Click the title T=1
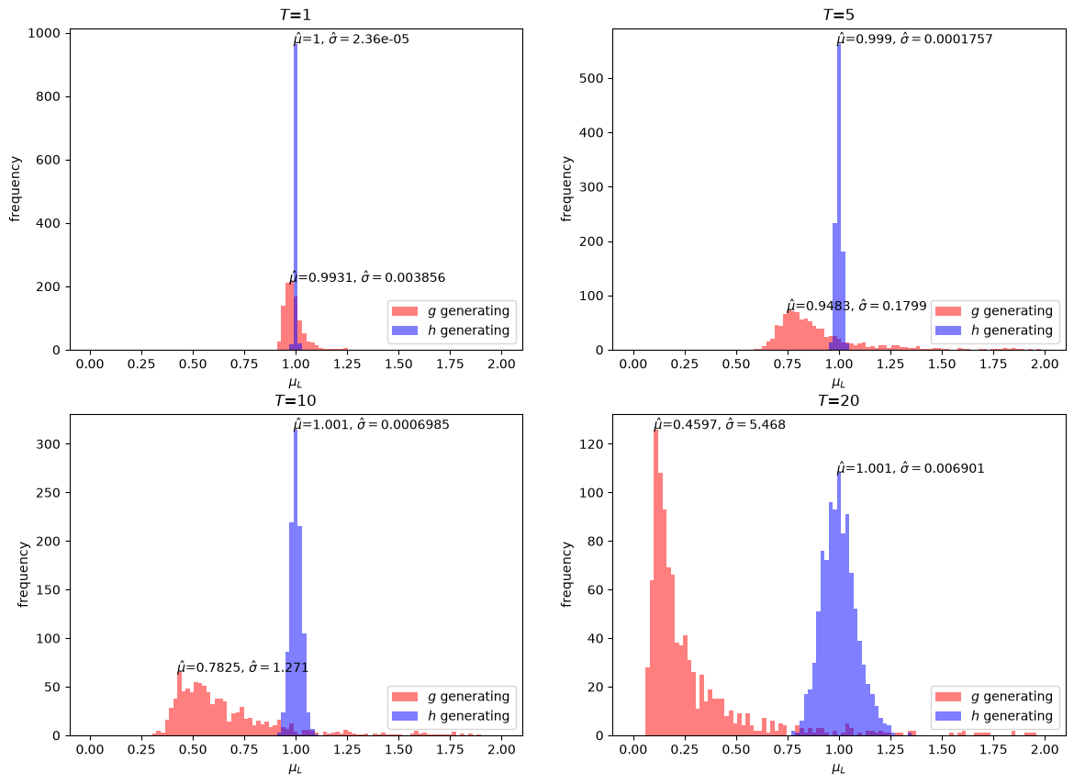tap(296, 15)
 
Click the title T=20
tap(838, 400)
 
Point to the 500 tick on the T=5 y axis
tap(592, 78)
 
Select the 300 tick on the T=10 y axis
tap(49, 443)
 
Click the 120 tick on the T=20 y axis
tap(592, 443)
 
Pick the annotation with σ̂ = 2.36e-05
tap(352, 39)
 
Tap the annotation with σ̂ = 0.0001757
tap(914, 39)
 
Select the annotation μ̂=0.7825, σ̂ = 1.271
tap(242, 666)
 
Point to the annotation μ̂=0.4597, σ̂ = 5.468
tap(719, 424)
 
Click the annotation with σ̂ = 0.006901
tap(911, 468)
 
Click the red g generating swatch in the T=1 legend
tap(405, 311)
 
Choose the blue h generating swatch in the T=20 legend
tap(948, 716)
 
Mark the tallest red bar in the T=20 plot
tap(655, 583)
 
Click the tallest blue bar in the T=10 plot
tap(296, 583)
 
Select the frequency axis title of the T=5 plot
tap(565, 189)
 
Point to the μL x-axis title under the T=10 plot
tap(296, 768)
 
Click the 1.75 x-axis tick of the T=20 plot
tap(993, 749)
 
